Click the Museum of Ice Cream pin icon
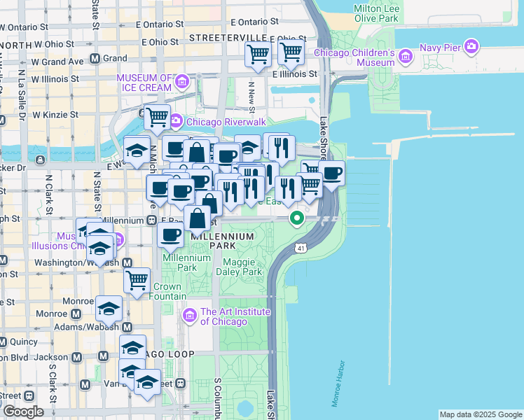[181, 82]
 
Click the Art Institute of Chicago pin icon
[189, 316]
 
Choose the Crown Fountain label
[167, 291]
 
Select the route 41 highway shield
[300, 248]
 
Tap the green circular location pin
[297, 219]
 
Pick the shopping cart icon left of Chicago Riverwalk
[157, 118]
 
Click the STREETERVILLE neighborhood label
[228, 37]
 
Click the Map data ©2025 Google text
[481, 414]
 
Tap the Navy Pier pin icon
[471, 48]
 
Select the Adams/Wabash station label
[92, 327]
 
